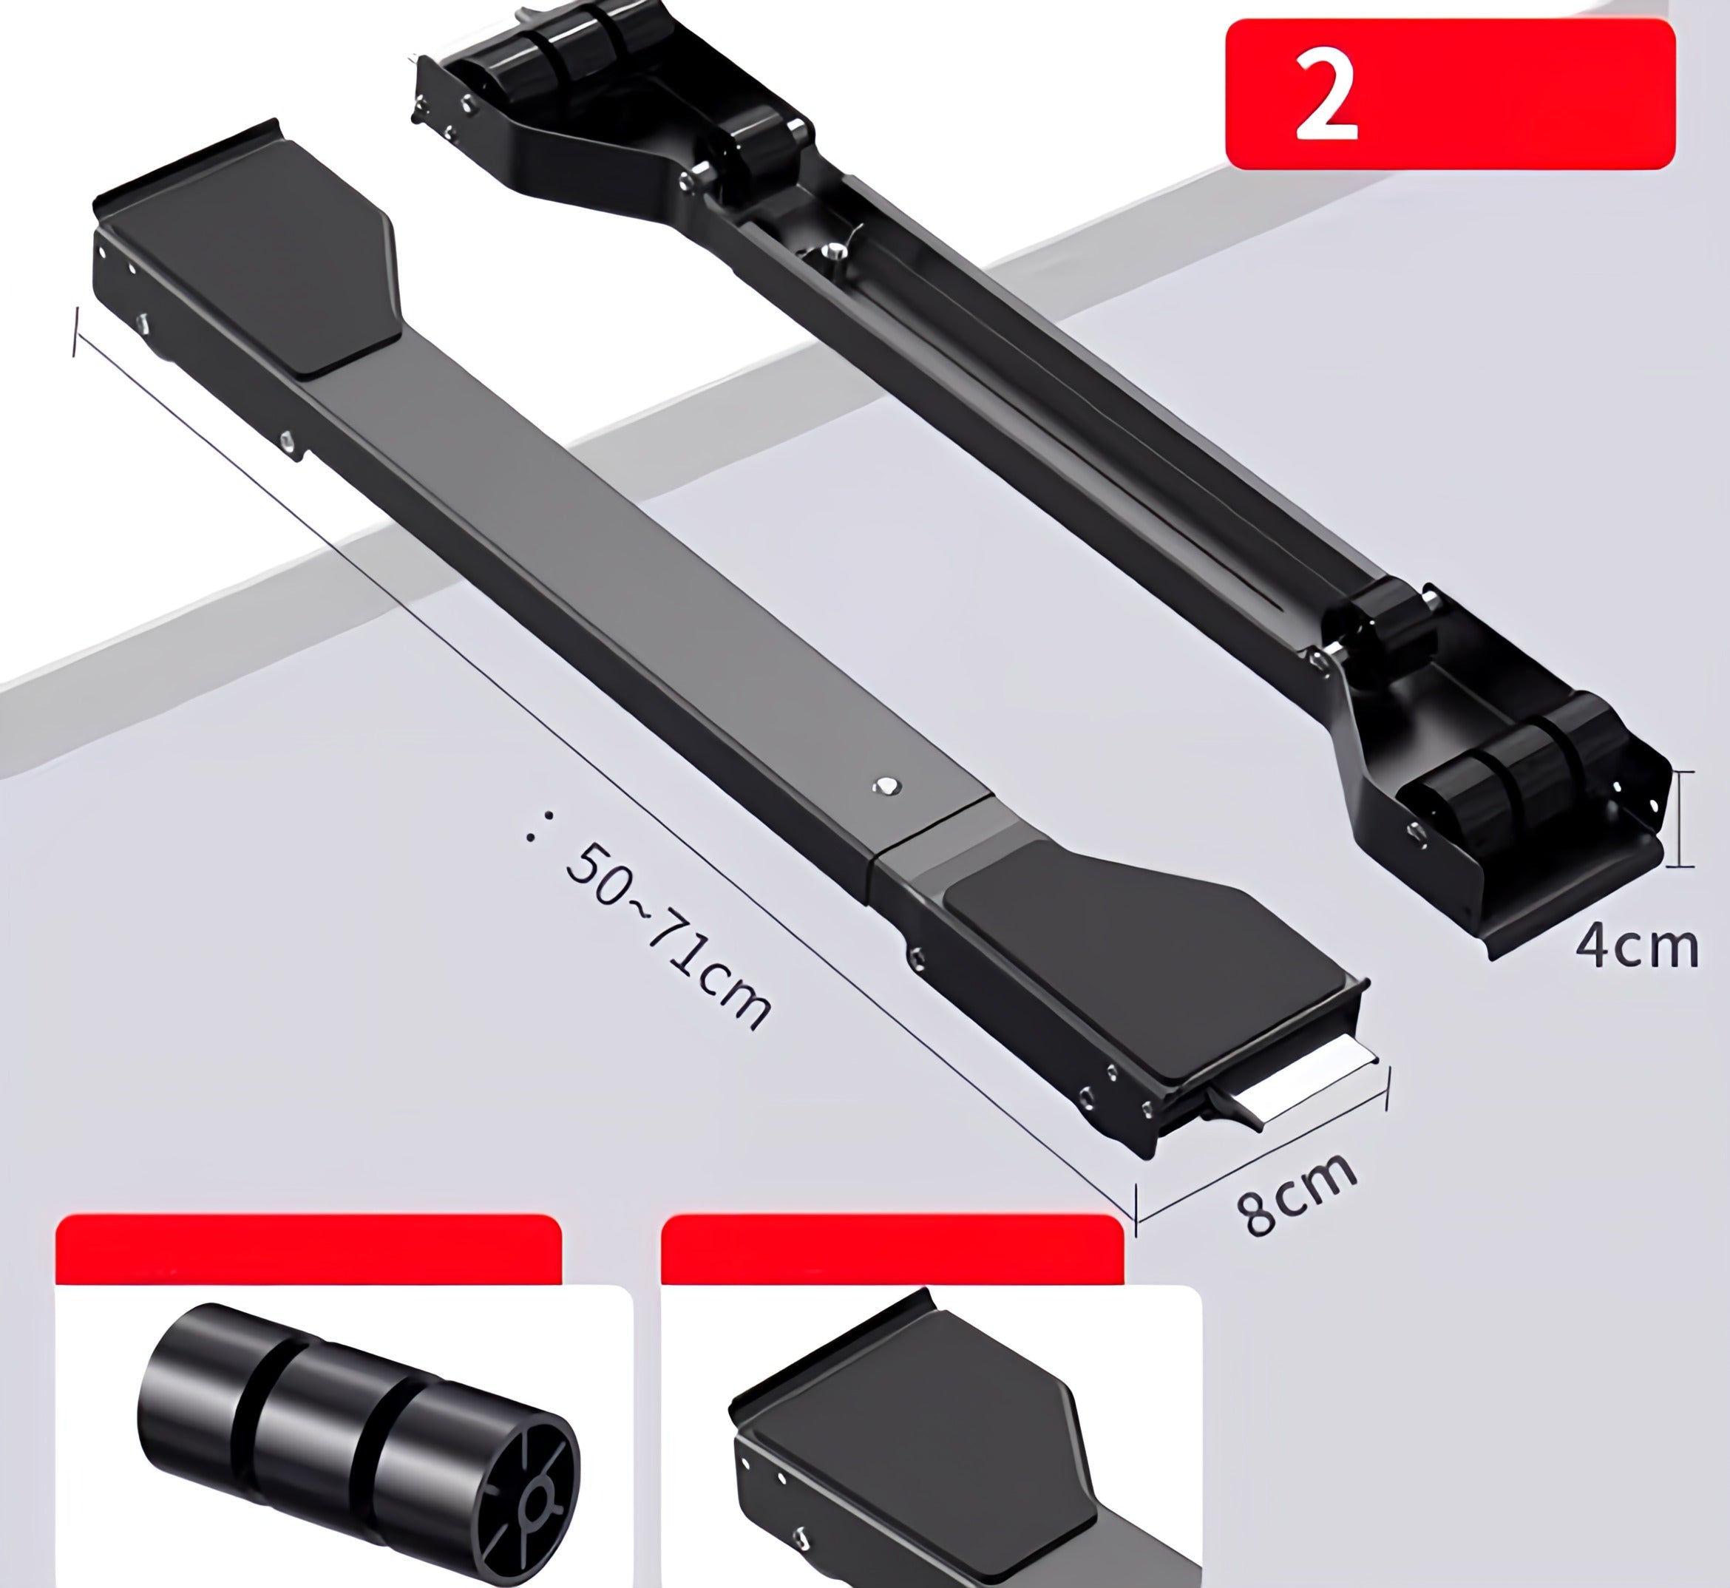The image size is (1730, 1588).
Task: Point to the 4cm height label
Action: coord(1636,947)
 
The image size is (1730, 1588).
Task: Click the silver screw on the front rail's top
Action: coord(886,785)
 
